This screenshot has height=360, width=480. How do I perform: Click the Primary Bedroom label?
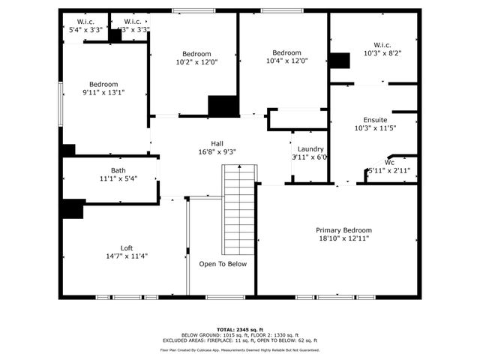pyautogui.click(x=343, y=230)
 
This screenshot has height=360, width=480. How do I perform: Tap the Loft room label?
pyautogui.click(x=127, y=247)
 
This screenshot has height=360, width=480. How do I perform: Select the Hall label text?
pyautogui.click(x=217, y=143)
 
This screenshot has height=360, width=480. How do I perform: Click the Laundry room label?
pyautogui.click(x=310, y=149)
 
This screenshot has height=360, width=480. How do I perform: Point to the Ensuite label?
pyautogui.click(x=375, y=120)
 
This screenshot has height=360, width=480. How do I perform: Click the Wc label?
pyautogui.click(x=389, y=162)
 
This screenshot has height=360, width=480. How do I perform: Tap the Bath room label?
pyautogui.click(x=118, y=170)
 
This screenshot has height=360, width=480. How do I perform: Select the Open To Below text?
pyautogui.click(x=223, y=264)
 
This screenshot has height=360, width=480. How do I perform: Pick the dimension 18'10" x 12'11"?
pyautogui.click(x=343, y=238)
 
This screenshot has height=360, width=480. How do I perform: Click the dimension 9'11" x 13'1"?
pyautogui.click(x=103, y=93)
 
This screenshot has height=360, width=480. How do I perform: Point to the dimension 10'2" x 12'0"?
pyautogui.click(x=196, y=62)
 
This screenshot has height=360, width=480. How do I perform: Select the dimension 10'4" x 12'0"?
pyautogui.click(x=286, y=61)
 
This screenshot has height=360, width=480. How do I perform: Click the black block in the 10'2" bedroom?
pyautogui.click(x=223, y=106)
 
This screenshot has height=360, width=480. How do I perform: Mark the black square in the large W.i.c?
pyautogui.click(x=340, y=61)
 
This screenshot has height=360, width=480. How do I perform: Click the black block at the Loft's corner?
pyautogui.click(x=73, y=208)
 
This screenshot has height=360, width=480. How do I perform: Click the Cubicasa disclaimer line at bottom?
pyautogui.click(x=240, y=350)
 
